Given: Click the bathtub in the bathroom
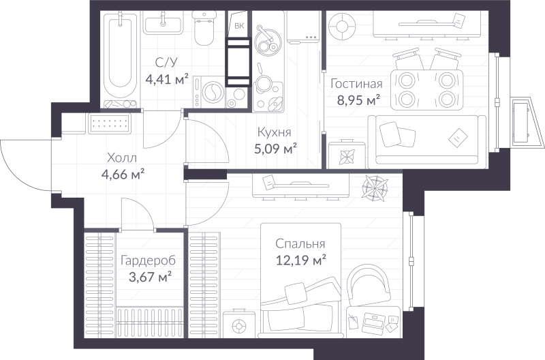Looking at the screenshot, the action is (121, 59).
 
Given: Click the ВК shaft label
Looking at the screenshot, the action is (239, 26).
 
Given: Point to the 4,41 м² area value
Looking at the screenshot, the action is (167, 80).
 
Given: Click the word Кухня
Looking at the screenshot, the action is (274, 132).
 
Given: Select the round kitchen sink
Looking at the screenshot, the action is (267, 41).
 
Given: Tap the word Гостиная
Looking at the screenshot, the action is (356, 84).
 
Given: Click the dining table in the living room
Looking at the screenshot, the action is (426, 90).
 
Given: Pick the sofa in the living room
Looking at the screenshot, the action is (427, 140).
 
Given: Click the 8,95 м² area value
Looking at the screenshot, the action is (358, 100).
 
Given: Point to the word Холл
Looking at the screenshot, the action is (122, 158).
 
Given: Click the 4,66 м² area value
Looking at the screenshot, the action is (123, 175).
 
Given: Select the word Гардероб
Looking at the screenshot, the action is (148, 260).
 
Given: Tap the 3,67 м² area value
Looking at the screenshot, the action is (150, 277).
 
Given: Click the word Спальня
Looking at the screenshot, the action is (300, 244).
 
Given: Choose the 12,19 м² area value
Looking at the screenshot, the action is (301, 260).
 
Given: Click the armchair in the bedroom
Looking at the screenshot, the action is (369, 284).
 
